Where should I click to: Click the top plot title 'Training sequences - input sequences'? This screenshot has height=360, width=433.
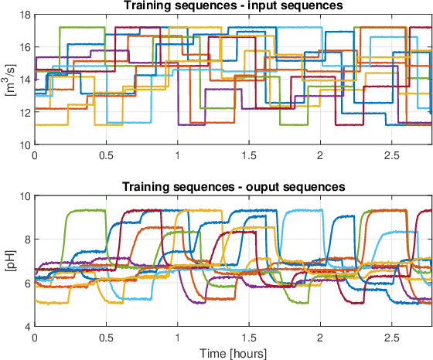pos(233,6)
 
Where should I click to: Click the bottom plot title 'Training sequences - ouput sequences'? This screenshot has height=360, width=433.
pos(233,188)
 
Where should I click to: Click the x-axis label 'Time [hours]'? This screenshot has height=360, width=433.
pos(233,353)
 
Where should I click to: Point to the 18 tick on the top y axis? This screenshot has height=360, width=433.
pos(23,15)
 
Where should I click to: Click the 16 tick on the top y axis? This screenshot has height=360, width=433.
pos(23,47)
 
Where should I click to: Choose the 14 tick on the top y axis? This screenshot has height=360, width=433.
pos(23,80)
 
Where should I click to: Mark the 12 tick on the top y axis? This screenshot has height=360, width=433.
pos(23,112)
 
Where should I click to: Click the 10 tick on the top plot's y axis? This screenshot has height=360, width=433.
pos(23,144)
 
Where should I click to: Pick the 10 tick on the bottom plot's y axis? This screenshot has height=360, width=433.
pos(23,196)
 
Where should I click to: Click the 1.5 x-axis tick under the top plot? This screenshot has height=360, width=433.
pos(249,155)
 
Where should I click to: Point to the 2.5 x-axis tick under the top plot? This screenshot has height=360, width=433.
pos(392,155)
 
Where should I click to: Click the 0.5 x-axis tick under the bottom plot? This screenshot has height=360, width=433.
pos(106,337)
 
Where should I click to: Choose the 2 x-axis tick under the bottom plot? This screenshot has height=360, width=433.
pos(320,337)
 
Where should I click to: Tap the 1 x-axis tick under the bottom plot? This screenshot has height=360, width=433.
pos(177,337)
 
